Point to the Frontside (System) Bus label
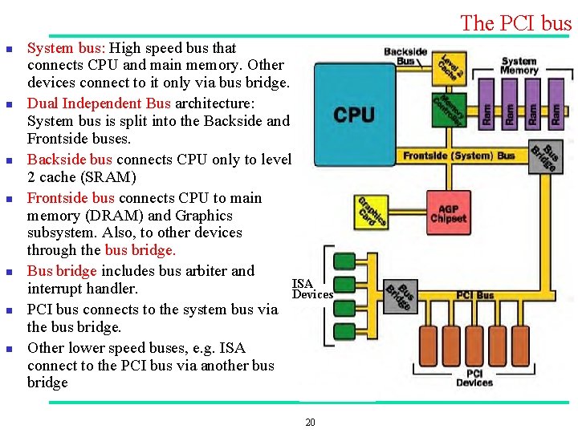point(459,156)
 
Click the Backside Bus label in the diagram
point(405,56)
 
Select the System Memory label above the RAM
point(519,66)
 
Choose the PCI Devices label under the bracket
point(474,378)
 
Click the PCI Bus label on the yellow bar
point(475,295)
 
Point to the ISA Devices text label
point(311,289)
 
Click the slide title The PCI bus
point(515,23)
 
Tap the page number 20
point(310,423)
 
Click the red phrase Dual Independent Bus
point(99,103)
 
